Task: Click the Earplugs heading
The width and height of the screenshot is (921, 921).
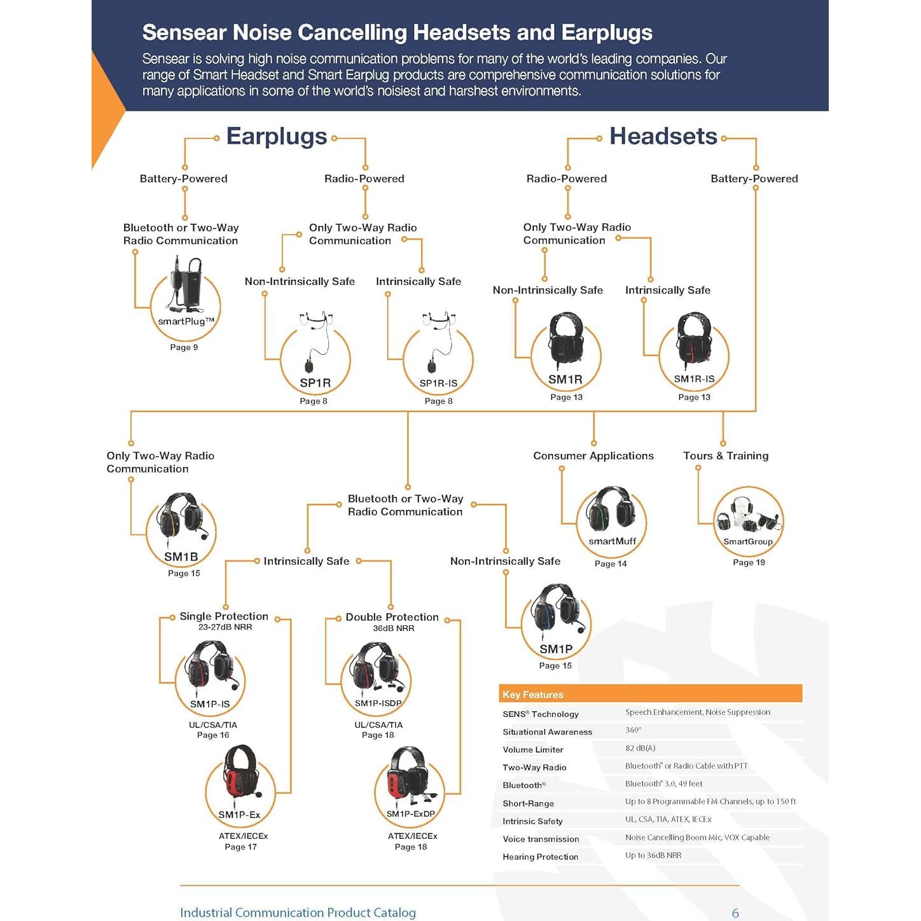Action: [x=277, y=137]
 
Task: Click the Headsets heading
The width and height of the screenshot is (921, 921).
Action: [x=663, y=136]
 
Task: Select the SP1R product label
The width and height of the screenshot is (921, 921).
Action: [x=315, y=383]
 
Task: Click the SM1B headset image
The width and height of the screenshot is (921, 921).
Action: [x=182, y=518]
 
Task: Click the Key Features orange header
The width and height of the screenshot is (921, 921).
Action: [x=650, y=694]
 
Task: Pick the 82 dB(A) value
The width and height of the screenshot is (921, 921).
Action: [x=640, y=748]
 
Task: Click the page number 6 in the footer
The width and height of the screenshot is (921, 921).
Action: [x=735, y=913]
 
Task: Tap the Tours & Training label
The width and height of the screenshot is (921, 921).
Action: [x=726, y=456]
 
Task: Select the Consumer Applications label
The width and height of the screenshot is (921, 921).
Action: [x=593, y=456]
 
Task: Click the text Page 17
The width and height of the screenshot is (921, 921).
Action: [x=240, y=847]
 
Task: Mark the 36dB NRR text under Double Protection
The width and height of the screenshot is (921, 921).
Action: [x=394, y=628]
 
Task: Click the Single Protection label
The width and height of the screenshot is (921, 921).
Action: [x=224, y=616]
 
